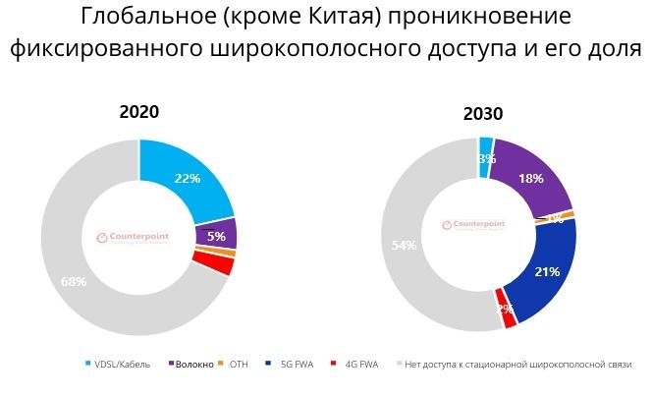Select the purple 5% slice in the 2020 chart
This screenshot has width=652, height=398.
(216, 236)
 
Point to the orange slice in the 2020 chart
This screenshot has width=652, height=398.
(229, 253)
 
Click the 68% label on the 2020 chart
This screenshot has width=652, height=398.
(74, 282)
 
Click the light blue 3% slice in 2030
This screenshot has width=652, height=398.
(485, 158)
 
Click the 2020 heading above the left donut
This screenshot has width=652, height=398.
(138, 112)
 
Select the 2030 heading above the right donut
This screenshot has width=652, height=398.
(483, 114)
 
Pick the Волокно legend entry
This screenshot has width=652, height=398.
(192, 365)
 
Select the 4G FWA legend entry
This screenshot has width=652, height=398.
(358, 365)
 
